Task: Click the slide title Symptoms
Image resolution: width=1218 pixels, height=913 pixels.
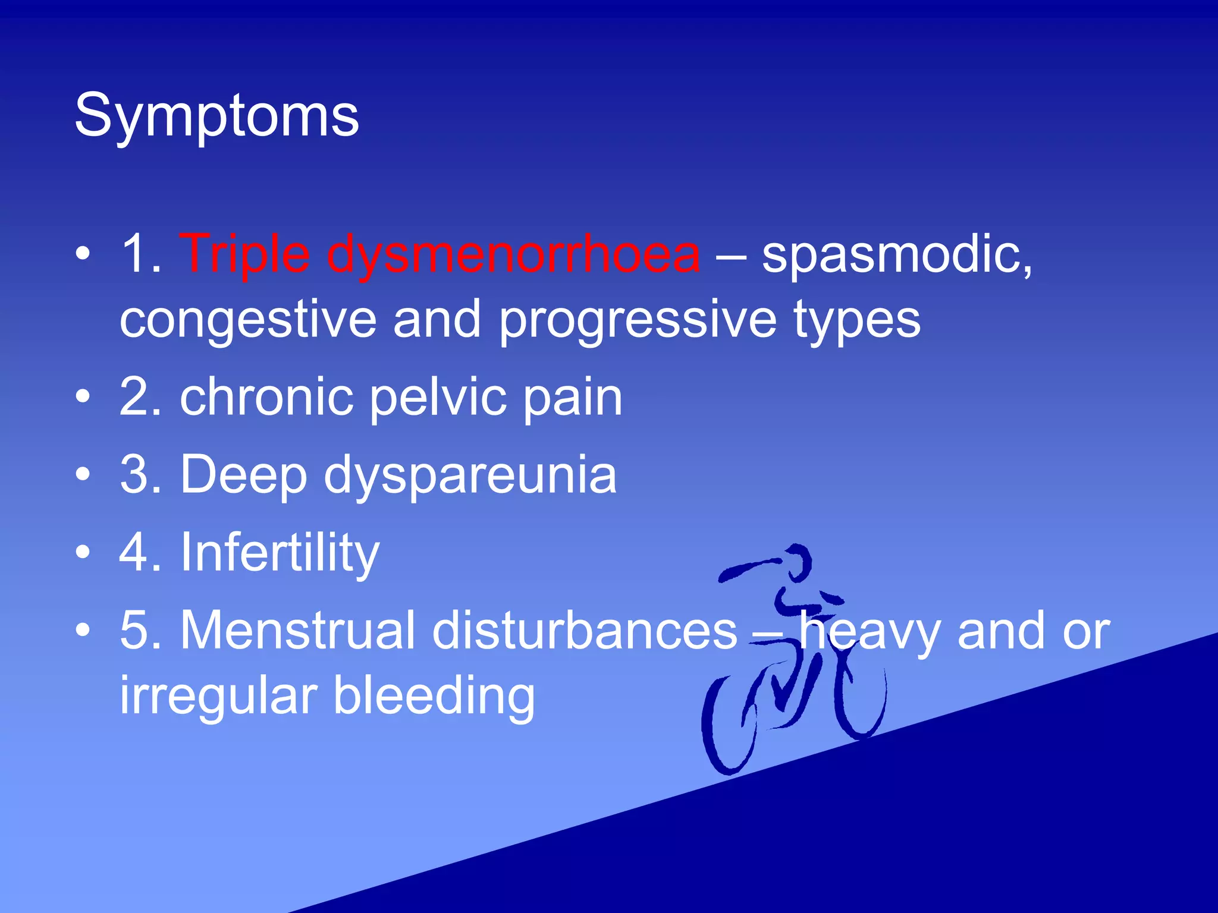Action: (216, 116)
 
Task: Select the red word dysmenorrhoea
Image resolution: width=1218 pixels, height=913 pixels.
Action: (513, 256)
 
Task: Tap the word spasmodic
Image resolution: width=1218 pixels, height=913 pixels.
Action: (896, 256)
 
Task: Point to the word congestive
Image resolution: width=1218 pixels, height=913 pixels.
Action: (248, 321)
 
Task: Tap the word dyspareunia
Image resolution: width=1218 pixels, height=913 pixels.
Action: (470, 476)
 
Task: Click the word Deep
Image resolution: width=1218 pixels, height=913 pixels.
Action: (244, 476)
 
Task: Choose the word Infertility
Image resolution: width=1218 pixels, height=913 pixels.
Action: (280, 553)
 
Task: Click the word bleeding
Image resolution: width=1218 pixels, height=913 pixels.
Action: (434, 695)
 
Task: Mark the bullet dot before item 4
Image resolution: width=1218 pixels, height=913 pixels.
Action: (83, 552)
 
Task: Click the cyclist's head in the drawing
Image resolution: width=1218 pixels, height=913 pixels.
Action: (797, 562)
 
